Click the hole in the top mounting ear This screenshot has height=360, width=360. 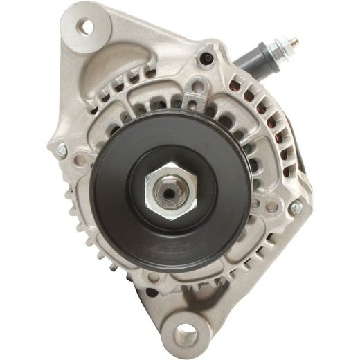(x=87, y=27)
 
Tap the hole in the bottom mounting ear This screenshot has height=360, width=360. (x=185, y=336)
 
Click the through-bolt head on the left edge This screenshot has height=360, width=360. (x=60, y=149)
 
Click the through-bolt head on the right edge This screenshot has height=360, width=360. (x=296, y=206)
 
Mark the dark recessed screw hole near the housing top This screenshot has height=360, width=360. (x=206, y=60)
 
